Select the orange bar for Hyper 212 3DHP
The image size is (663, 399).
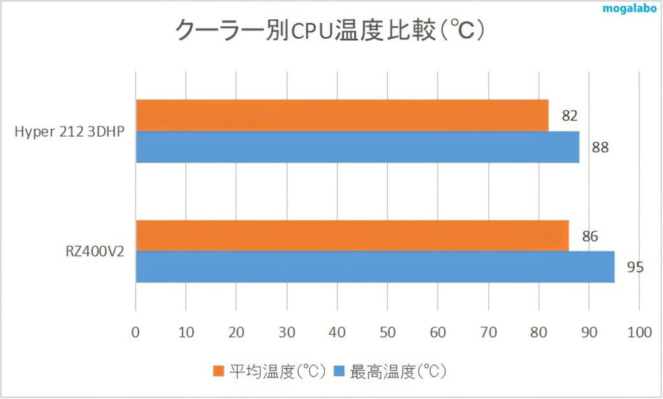click(x=342, y=115)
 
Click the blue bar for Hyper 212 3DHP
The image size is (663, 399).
click(x=357, y=147)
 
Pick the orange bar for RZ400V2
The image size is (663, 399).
click(x=352, y=236)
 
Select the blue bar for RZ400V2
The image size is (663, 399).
click(x=375, y=267)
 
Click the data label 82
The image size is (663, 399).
click(x=569, y=116)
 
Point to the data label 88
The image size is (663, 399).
click(x=600, y=147)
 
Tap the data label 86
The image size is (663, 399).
click(x=589, y=236)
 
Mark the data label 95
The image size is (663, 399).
click(x=635, y=267)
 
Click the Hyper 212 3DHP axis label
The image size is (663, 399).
click(x=69, y=131)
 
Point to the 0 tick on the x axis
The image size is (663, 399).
click(x=135, y=332)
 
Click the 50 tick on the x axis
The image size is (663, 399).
click(x=387, y=332)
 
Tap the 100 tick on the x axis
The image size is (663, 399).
click(x=638, y=332)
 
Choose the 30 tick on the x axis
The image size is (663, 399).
click(x=286, y=332)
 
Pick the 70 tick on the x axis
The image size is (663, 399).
click(x=488, y=332)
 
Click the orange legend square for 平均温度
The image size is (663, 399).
click(x=218, y=372)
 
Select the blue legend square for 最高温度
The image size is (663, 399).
click(x=339, y=372)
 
